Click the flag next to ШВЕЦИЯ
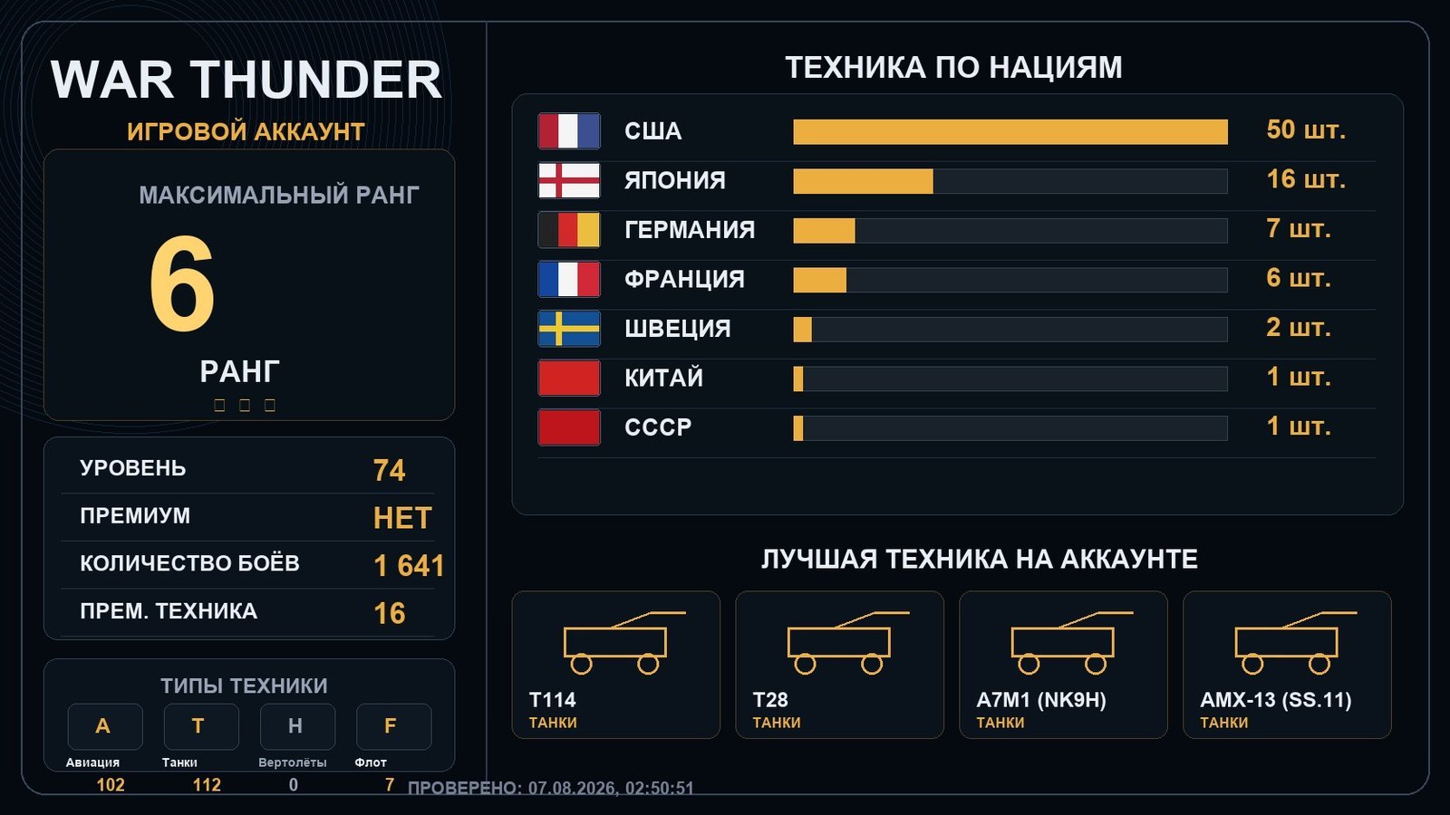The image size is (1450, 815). point(569,329)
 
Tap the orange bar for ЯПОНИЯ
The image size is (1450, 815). point(863,181)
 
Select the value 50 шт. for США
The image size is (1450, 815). point(1306,130)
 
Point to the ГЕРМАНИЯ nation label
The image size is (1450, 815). point(690,230)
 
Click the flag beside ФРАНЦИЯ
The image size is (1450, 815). point(569,280)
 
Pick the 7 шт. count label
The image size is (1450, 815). point(1298,229)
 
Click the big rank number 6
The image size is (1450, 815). point(182,283)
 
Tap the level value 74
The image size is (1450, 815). point(389,470)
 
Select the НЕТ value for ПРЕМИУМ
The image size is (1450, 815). point(402,518)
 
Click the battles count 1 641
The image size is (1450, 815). point(409,566)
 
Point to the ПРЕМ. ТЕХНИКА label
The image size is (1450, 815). point(169,611)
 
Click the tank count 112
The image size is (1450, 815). point(207,784)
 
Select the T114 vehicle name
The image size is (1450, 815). point(552,700)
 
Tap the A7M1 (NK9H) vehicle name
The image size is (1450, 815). point(1041,700)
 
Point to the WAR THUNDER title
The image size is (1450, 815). point(246,80)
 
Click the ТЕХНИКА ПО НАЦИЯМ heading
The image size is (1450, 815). point(953,67)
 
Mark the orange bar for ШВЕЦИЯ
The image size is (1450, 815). point(802,330)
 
